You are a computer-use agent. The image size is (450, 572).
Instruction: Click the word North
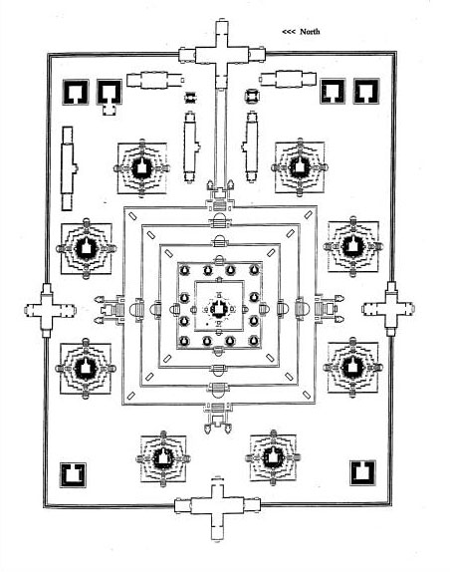point(310,32)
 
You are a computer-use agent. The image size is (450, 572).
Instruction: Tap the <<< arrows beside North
point(289,32)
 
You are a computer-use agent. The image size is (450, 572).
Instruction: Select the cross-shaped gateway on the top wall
point(222,55)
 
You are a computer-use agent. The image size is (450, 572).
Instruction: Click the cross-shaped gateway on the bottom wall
point(217,506)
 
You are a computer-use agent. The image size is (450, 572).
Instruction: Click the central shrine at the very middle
point(219,309)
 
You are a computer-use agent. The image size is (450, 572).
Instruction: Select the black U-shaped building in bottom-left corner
point(73,475)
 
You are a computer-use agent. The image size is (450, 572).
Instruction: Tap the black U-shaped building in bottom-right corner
point(362,472)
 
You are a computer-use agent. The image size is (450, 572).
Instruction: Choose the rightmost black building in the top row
point(366,92)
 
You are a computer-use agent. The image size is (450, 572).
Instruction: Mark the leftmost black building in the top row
point(76,93)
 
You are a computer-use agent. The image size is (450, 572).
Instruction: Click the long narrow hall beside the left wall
point(68,168)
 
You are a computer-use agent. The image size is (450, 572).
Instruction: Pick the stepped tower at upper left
point(142,168)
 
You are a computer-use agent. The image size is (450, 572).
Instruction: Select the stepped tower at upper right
point(300,167)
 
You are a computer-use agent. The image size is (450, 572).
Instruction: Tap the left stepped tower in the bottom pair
point(163,458)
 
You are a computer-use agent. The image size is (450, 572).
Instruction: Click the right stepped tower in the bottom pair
point(273,457)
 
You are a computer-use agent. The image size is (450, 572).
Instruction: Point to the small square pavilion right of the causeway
point(252,96)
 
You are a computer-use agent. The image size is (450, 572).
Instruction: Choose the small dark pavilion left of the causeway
point(190,98)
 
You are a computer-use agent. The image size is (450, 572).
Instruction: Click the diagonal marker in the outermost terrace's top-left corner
point(132,216)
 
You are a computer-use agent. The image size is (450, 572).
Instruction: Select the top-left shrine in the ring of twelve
point(185,270)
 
